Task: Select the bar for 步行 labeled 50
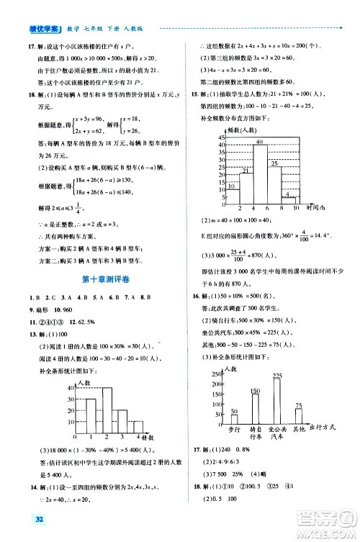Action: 235,420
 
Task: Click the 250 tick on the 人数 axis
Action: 215,374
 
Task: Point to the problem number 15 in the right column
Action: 194,95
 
